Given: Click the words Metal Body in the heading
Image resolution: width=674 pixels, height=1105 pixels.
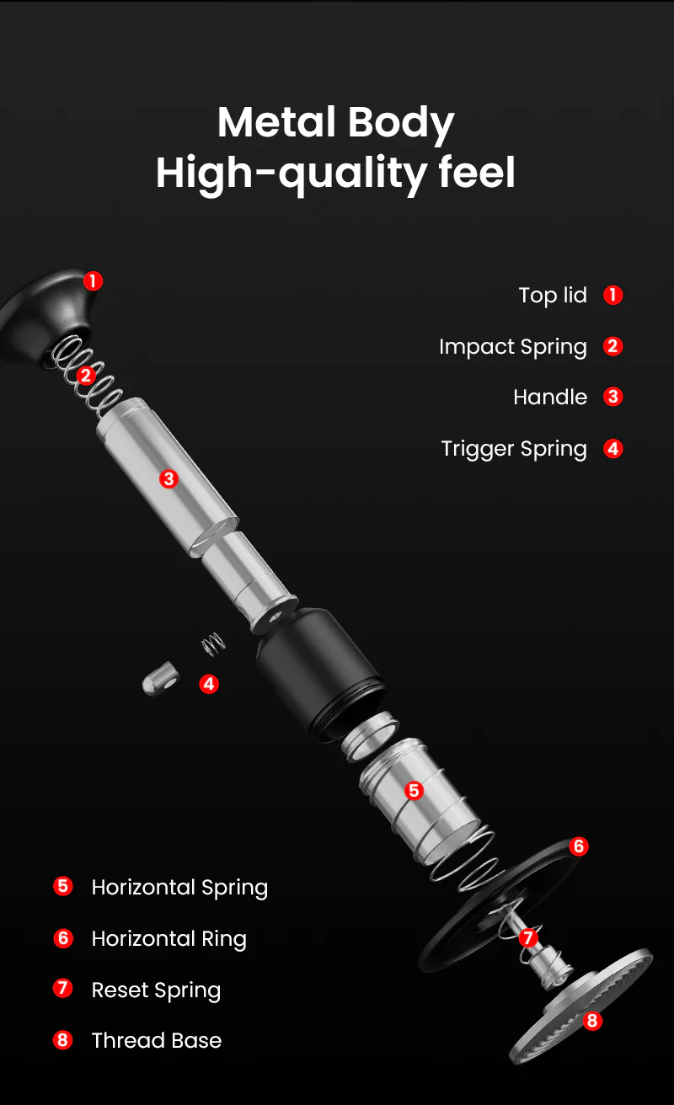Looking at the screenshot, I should point(335,123).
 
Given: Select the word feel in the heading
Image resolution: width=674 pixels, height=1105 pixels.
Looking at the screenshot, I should point(476,173).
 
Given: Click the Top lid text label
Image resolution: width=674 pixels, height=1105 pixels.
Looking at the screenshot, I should point(553,296).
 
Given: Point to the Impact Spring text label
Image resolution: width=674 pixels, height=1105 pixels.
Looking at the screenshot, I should point(512,347).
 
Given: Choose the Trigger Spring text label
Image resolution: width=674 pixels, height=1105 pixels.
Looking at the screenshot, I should point(513,449).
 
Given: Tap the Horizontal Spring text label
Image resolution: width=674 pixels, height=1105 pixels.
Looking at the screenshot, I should point(179,888).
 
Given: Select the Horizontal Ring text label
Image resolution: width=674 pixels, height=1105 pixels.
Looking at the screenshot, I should point(168,939).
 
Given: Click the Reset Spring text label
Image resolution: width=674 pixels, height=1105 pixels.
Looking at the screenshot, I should point(156,990).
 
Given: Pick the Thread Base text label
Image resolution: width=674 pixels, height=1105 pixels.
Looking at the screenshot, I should point(156,1041).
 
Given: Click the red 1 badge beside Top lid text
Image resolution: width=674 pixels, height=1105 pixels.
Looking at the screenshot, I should point(613,296).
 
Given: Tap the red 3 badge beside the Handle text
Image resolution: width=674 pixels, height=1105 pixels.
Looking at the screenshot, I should point(613,398).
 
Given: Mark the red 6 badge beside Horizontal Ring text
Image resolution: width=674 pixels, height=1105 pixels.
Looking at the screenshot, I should point(63,938).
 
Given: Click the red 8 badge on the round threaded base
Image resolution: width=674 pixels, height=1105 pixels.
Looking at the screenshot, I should point(592,1021).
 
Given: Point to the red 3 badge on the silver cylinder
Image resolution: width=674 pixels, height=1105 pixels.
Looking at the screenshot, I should point(168,478).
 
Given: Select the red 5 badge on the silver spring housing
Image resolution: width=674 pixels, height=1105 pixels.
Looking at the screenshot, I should point(413,790).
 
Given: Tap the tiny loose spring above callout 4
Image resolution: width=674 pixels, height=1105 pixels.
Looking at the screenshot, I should point(213,644).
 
